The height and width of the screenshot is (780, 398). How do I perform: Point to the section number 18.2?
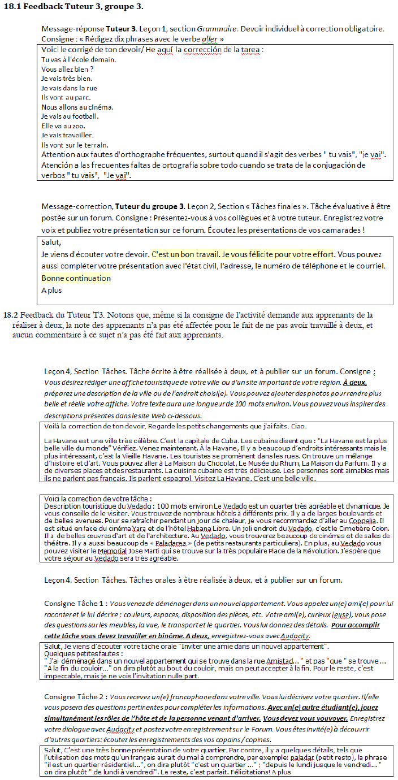point(12,315)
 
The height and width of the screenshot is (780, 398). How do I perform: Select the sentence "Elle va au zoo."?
point(63,126)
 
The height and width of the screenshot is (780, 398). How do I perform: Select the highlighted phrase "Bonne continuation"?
point(76,278)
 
